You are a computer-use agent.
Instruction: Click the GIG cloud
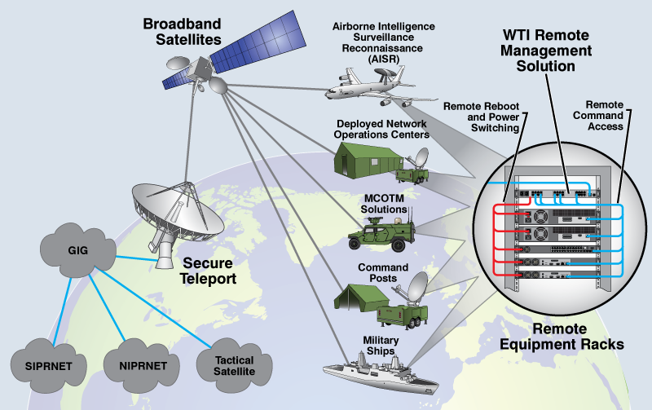pos(77,250)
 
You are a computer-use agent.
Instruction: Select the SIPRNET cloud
pos(49,366)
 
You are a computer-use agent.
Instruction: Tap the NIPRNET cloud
pos(143,366)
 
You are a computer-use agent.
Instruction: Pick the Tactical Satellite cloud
pos(234,366)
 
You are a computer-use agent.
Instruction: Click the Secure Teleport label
pos(208,271)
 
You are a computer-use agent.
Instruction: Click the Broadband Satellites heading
pos(182,32)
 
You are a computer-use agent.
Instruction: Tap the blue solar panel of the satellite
pos(258,38)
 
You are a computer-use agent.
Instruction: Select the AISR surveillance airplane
pos(374,86)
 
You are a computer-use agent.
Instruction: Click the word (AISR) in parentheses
pos(383,59)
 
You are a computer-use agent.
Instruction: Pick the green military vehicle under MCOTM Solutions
pos(381,234)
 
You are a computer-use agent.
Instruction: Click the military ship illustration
pos(381,374)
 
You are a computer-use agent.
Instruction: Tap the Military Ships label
pos(381,346)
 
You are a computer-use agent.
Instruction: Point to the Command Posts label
pos(383,273)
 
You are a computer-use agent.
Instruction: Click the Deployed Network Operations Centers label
pos(381,130)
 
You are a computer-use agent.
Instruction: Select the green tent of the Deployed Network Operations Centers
pos(368,160)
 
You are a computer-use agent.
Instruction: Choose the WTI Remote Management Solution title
pos(546,51)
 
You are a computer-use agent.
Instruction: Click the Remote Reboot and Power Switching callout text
pos(482,117)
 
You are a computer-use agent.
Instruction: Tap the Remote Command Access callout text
pos(598,116)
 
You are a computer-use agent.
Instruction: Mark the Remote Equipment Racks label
pos(562,337)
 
